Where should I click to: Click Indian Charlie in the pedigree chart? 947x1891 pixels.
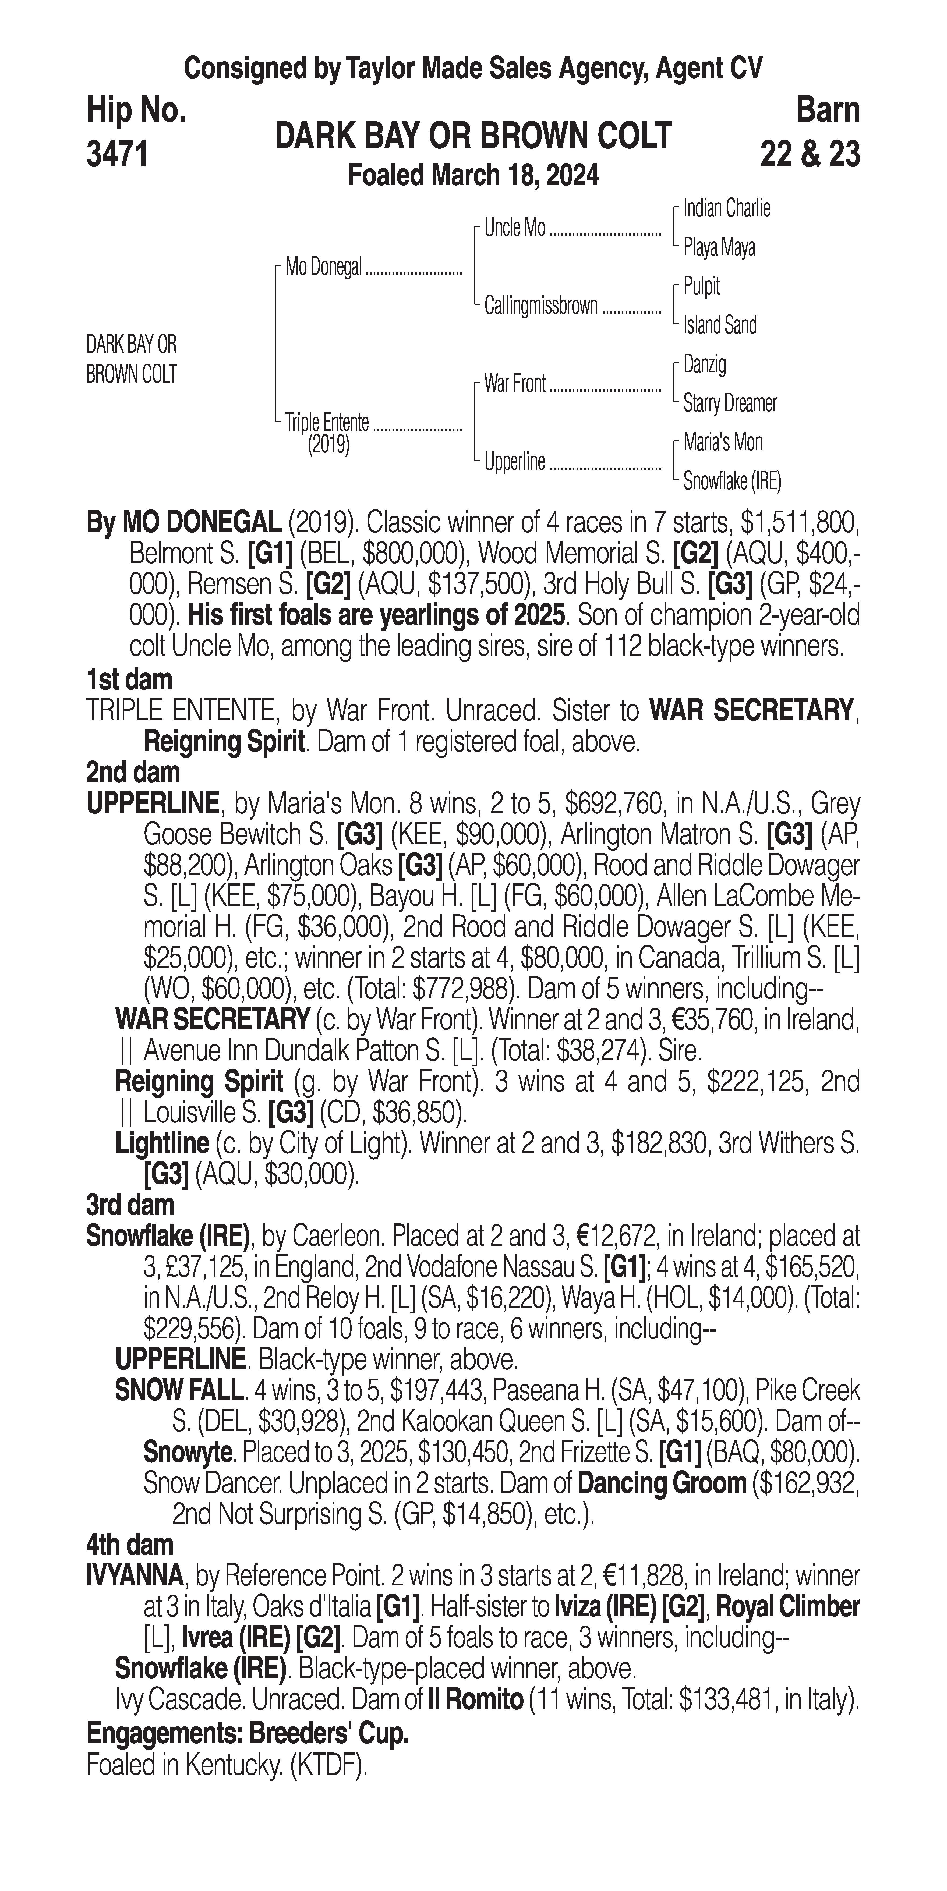pos(726,208)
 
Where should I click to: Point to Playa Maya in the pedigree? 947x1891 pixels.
pos(719,247)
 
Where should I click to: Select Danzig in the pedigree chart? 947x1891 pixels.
pos(704,364)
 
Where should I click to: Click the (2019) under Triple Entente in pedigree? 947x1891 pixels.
pos(328,445)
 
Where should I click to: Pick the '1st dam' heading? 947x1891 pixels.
pos(129,680)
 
